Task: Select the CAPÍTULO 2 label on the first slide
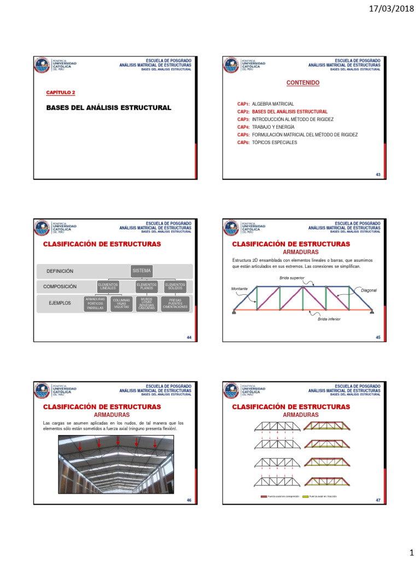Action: pos(61,93)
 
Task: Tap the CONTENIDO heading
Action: pos(303,83)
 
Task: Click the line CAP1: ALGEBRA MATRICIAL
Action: pos(265,104)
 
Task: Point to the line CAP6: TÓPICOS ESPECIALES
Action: pos(267,142)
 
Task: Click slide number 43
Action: pos(378,175)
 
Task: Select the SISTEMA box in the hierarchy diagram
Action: pos(142,271)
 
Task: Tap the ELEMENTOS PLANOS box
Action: pos(147,286)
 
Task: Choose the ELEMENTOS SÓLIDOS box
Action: pos(175,286)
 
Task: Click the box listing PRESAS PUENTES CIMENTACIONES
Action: pos(175,304)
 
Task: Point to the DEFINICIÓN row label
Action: pos(60,271)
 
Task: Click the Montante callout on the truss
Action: pos(239,288)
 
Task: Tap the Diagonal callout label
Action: pos(369,290)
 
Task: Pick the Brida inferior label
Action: pos(329,318)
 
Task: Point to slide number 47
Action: pos(378,501)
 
